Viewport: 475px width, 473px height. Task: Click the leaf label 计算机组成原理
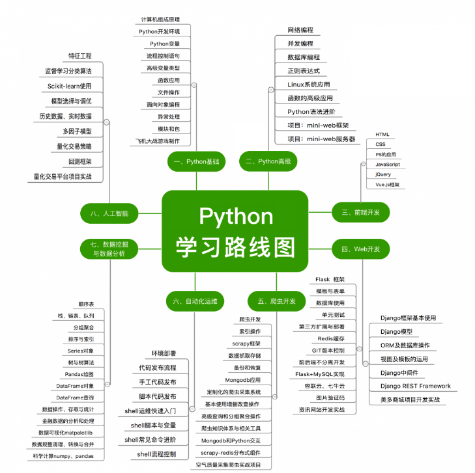pos(161,20)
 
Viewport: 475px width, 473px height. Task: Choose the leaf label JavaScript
pos(388,165)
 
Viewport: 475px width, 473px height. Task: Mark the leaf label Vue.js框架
pos(387,185)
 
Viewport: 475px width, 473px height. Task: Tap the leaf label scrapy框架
pos(246,344)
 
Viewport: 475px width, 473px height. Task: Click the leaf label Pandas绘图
pos(79,374)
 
